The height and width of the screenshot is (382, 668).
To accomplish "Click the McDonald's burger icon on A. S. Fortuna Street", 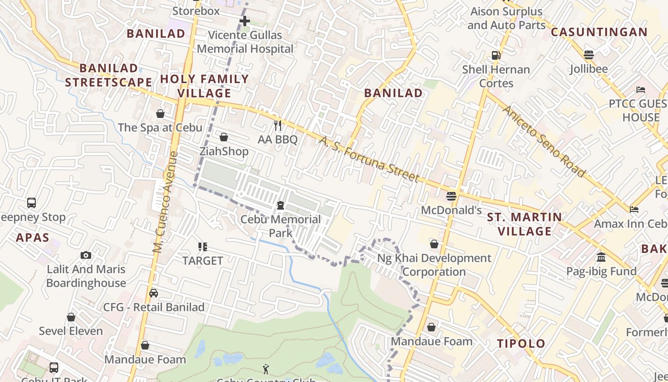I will coord(451,196).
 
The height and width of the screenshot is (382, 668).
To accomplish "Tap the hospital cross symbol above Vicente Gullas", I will coord(245,21).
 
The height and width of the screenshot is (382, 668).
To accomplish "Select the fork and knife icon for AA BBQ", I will coord(278,126).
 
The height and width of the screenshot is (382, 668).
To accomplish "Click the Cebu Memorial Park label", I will coord(281,226).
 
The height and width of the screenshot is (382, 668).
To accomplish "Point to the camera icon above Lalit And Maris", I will coord(86,255).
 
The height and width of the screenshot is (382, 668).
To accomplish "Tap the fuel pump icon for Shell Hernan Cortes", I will coord(496,55).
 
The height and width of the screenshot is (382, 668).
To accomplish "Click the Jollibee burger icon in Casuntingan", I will coord(589,54).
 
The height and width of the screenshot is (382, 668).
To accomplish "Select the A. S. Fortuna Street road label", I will coord(369,159).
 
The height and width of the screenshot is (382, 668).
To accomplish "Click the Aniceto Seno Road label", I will coord(543,141).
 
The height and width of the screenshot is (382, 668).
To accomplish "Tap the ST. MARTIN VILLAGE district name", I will coord(524,224).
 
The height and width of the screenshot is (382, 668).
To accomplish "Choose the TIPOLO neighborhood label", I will coord(521,343).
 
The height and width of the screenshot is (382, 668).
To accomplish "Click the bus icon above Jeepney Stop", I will coord(31,202).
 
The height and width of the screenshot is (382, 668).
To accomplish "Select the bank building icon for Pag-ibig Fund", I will coord(601,257).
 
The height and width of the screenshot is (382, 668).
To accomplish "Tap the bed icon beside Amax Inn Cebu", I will coord(634,209).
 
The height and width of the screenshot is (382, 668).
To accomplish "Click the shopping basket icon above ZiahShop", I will coord(224,138).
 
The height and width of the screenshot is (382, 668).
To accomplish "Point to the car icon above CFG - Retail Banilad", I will coord(154,293).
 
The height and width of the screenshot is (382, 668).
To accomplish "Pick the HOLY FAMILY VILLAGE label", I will coord(205,85).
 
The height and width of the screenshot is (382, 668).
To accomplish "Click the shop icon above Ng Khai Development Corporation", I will coord(434,244).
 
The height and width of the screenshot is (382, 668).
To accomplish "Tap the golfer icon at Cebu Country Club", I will coord(266,369).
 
